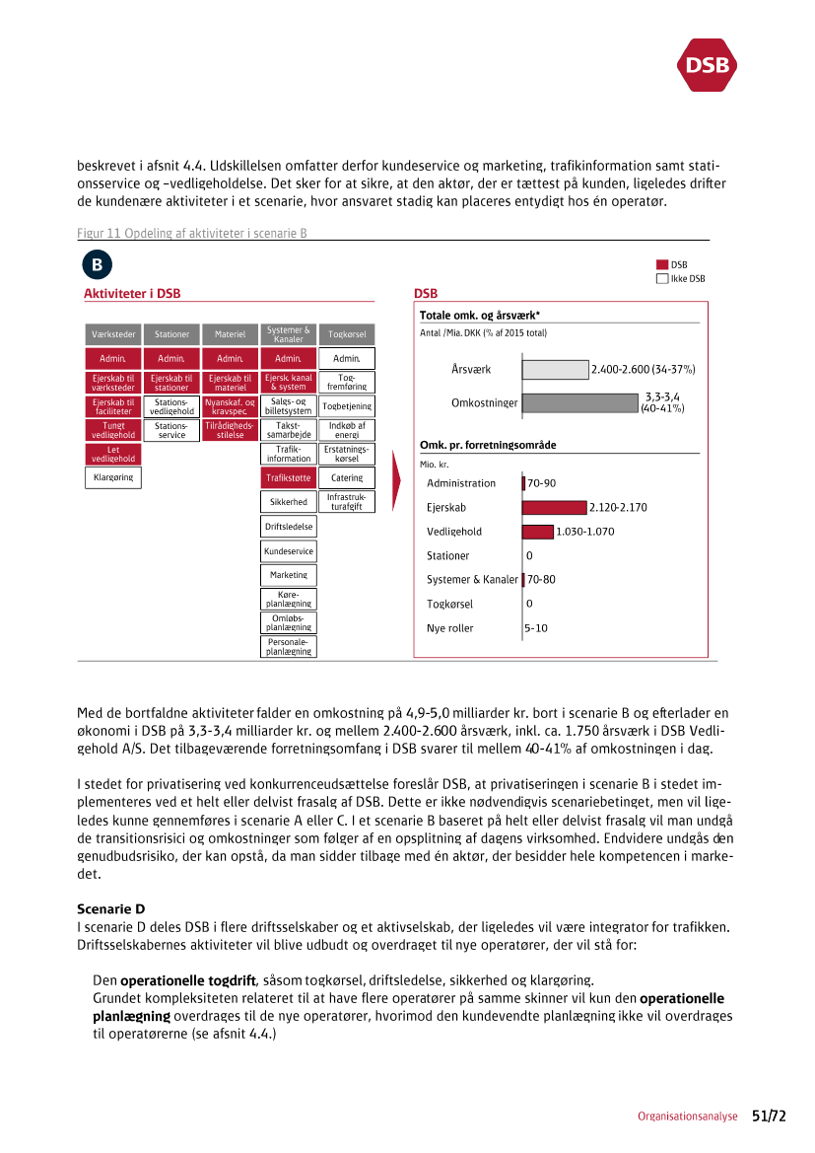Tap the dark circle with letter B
[98, 264]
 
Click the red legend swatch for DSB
[662, 265]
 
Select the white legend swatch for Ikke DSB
[662, 278]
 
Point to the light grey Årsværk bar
[555, 370]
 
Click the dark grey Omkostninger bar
[579, 402]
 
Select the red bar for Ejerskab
[554, 507]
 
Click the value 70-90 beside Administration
[542, 483]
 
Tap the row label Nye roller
[449, 628]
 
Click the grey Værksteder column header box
[113, 334]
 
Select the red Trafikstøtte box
[289, 478]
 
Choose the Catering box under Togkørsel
[347, 478]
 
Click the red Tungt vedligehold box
[113, 430]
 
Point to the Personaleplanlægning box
[289, 647]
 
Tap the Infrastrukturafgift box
[347, 502]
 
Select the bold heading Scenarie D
[110, 907]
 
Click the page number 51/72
[770, 1116]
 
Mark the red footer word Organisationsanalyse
[687, 1117]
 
